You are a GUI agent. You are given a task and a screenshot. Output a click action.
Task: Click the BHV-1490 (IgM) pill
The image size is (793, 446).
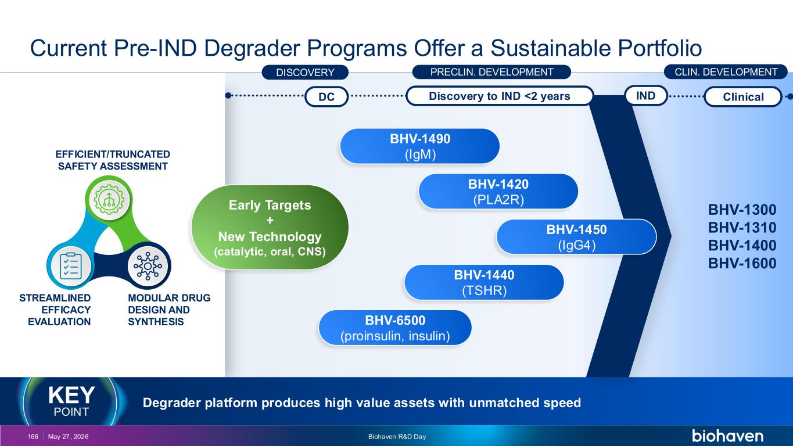tap(419, 146)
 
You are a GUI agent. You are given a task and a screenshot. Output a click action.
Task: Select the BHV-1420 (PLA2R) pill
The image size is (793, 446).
tap(498, 192)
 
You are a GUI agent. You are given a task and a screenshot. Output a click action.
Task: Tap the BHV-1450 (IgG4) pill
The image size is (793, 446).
tap(576, 237)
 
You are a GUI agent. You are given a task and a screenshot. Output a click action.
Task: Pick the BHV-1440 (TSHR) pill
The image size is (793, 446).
tap(484, 282)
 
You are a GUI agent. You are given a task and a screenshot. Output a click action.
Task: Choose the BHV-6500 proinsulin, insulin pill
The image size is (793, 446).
tap(395, 328)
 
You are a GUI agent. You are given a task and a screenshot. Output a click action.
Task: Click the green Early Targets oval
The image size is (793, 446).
tap(270, 227)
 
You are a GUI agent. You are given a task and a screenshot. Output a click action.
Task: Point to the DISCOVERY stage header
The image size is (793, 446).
tap(305, 72)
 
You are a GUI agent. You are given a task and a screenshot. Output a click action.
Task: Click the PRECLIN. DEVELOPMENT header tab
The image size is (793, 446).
tap(491, 72)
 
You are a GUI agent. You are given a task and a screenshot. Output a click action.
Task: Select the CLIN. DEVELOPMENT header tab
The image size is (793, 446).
tap(726, 72)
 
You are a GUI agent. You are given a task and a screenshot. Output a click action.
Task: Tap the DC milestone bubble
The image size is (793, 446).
tap(326, 96)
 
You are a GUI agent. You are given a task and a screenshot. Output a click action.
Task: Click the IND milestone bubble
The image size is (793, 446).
tap(646, 96)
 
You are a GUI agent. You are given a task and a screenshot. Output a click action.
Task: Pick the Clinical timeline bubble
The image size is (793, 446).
tap(743, 96)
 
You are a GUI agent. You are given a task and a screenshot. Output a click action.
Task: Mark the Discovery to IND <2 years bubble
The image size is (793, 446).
tap(500, 96)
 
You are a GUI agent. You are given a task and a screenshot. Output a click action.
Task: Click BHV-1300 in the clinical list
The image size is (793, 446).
tap(742, 210)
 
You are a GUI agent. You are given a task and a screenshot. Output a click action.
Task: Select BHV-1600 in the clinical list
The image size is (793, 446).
tap(742, 263)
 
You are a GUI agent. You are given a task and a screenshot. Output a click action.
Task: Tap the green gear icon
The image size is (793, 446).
tap(109, 199)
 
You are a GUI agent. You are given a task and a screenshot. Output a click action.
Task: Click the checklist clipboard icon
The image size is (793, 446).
tap(71, 266)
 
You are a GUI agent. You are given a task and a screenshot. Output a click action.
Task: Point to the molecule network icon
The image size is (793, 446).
tap(148, 266)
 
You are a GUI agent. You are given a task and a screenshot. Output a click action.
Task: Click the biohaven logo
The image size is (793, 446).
tap(727, 436)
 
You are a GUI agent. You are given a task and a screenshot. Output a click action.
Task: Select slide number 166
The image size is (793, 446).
tap(33, 437)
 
